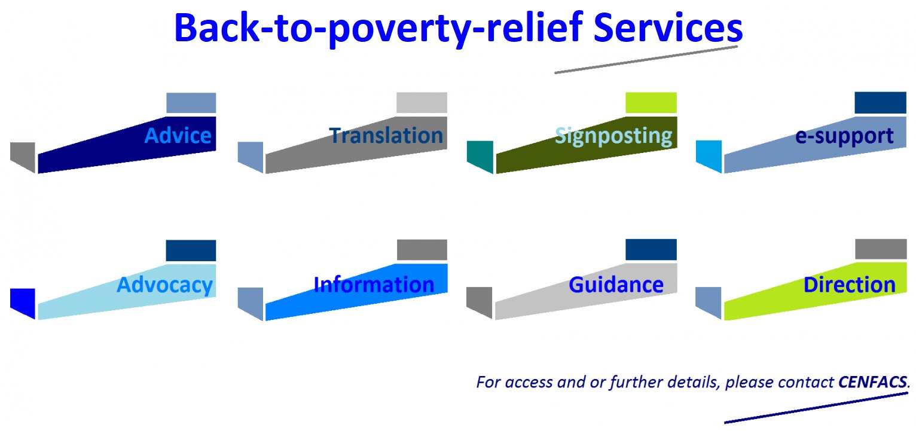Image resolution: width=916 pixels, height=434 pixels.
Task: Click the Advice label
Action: [178, 135]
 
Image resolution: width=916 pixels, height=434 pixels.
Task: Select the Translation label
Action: [386, 135]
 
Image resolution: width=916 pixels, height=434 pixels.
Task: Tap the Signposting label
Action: [613, 136]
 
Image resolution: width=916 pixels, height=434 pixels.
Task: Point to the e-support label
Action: [844, 136]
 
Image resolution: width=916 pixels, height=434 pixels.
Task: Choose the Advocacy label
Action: [164, 285]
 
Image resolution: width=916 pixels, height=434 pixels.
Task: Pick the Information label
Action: [374, 285]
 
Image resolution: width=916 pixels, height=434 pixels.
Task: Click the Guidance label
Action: [616, 285]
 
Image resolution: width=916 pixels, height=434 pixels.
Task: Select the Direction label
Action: [849, 285]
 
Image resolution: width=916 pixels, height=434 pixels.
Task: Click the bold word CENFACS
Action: [872, 381]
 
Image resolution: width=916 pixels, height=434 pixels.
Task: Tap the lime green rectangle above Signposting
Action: [651, 103]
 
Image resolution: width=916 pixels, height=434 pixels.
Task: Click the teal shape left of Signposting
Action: [480, 155]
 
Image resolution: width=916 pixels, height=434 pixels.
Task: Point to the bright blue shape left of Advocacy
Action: [23, 301]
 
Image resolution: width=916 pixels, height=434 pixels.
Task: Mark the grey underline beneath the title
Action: [646, 59]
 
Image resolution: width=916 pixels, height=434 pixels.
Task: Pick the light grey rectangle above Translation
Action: [422, 103]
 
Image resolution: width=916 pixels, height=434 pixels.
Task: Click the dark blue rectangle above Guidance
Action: [651, 249]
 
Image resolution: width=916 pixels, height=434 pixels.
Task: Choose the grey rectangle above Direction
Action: [880, 249]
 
